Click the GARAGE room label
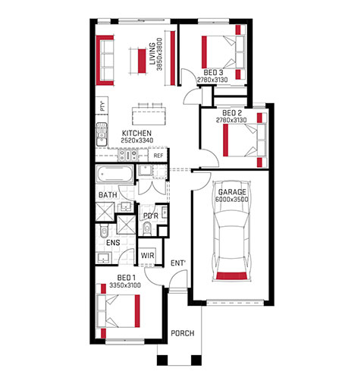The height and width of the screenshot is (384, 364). pyautogui.click(x=232, y=192)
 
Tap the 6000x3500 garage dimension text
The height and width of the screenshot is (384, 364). pyautogui.click(x=232, y=200)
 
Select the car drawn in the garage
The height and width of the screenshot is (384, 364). pyautogui.click(x=232, y=231)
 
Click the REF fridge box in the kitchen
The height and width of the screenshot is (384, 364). pyautogui.click(x=158, y=156)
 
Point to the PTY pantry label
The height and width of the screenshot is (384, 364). pyautogui.click(x=102, y=105)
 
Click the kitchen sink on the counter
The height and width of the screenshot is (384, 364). pyautogui.click(x=102, y=134)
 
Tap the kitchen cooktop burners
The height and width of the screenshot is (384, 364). pyautogui.click(x=127, y=155)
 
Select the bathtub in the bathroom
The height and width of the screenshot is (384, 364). pyautogui.click(x=115, y=174)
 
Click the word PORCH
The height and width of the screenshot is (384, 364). pyautogui.click(x=183, y=333)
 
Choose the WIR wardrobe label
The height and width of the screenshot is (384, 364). pyautogui.click(x=147, y=255)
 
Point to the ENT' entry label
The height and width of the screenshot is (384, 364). pyautogui.click(x=178, y=263)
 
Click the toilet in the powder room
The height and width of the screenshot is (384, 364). pyautogui.click(x=146, y=228)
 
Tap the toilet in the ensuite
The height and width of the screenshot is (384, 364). pyautogui.click(x=104, y=230)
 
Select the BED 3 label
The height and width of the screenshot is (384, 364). pyautogui.click(x=213, y=73)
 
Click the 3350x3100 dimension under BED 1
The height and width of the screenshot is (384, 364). pyautogui.click(x=125, y=285)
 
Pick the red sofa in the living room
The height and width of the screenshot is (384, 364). pyautogui.click(x=105, y=60)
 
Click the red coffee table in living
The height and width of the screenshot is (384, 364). pyautogui.click(x=142, y=61)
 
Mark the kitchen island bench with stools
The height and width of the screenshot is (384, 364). pyautogui.click(x=149, y=115)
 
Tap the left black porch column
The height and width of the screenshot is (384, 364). pyautogui.click(x=162, y=360)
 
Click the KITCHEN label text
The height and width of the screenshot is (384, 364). pyautogui.click(x=136, y=134)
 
